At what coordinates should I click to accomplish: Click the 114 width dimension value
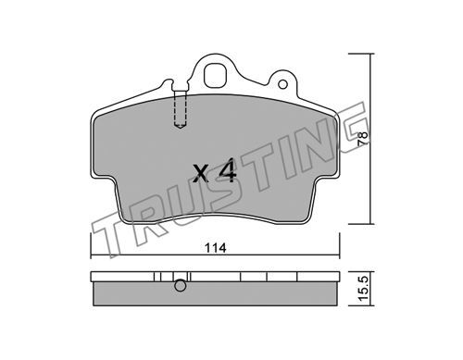tap(216, 248)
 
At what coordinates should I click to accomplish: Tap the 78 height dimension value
tap(363, 139)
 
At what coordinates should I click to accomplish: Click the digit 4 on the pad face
tap(228, 170)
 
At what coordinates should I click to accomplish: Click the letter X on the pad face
tap(201, 173)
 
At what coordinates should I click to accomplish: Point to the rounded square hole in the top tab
tap(216, 75)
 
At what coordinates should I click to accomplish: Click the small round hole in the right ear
tap(282, 84)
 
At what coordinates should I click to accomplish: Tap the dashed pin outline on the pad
tap(181, 108)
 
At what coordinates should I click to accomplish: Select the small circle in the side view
tap(181, 286)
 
